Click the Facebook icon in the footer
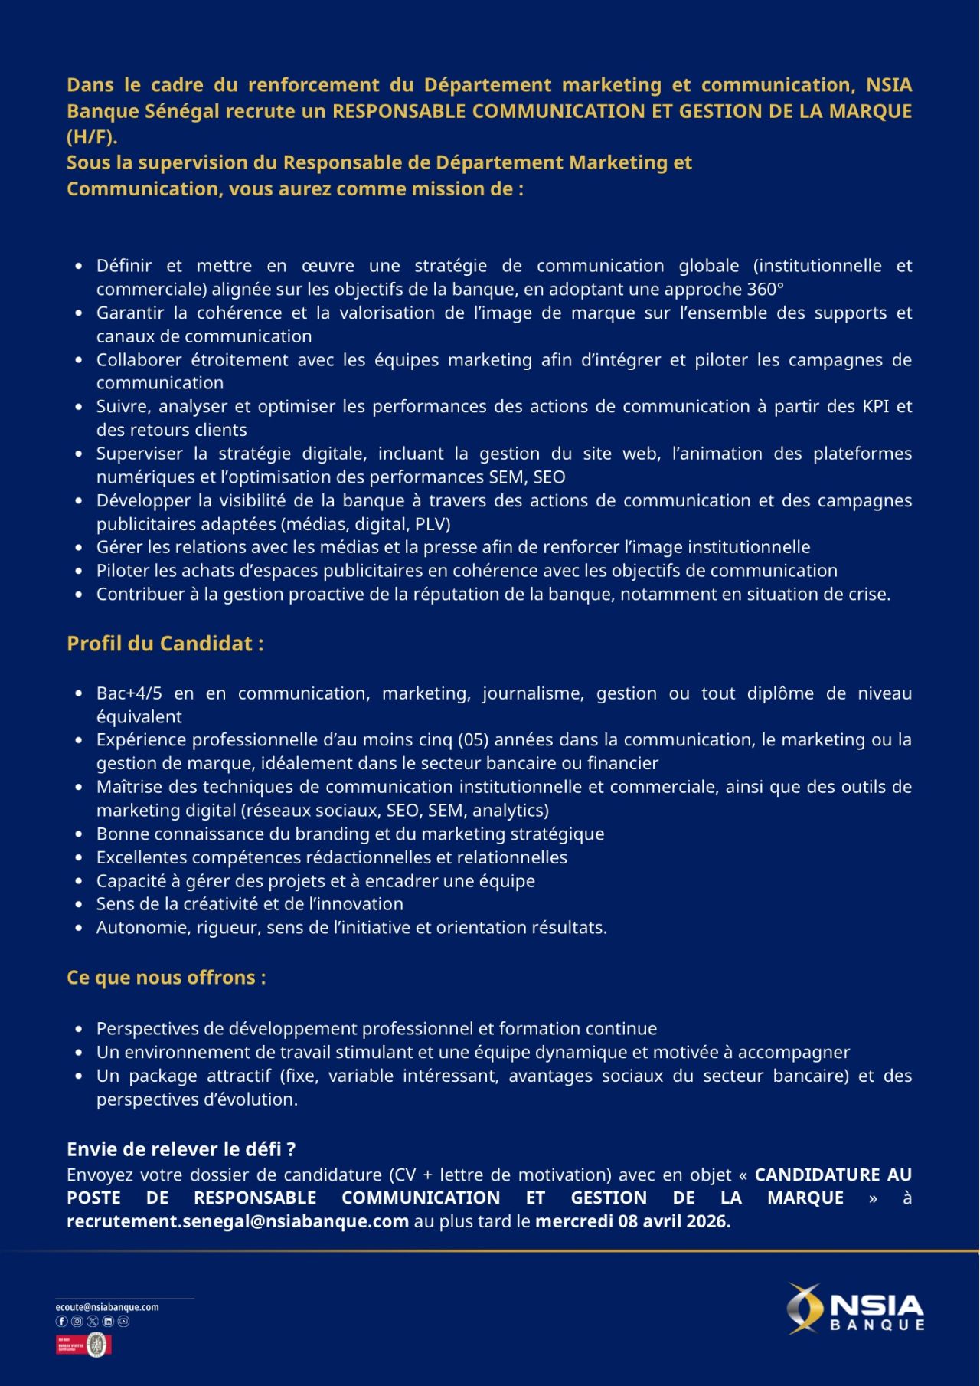pyautogui.click(x=62, y=1321)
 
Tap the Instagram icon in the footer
pyautogui.click(x=77, y=1321)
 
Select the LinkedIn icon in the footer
pyautogui.click(x=108, y=1321)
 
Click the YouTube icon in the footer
pyautogui.click(x=123, y=1321)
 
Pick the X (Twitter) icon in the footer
pyautogui.click(x=93, y=1321)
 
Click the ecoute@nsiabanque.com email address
pyautogui.click(x=107, y=1307)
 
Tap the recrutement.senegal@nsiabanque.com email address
pyautogui.click(x=237, y=1221)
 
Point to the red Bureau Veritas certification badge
pyautogui.click(x=83, y=1345)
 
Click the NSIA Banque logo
pyautogui.click(x=856, y=1309)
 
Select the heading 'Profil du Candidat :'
pyautogui.click(x=165, y=644)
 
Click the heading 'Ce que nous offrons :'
pyautogui.click(x=166, y=978)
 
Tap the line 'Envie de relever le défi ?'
pyautogui.click(x=181, y=1149)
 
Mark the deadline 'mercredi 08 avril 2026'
pyautogui.click(x=632, y=1221)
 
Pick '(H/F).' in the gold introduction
pyautogui.click(x=92, y=137)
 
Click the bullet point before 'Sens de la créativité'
pyautogui.click(x=80, y=905)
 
